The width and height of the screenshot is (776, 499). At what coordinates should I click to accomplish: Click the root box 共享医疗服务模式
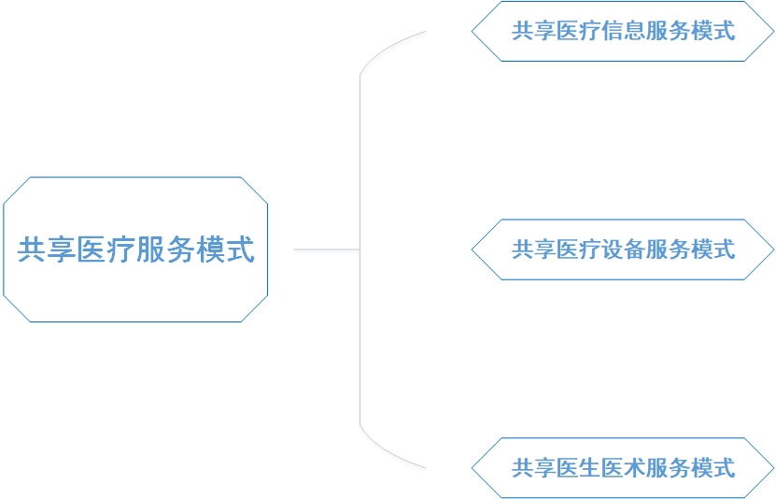point(135,249)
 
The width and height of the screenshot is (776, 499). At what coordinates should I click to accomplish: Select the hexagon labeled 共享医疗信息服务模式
point(623,31)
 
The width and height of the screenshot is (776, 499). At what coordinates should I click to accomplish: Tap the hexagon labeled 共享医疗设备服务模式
point(623,249)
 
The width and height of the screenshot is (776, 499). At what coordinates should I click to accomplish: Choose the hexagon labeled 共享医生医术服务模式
point(623,467)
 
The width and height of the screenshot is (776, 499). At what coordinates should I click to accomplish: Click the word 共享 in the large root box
point(46,250)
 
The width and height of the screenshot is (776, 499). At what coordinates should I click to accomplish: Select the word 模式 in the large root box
point(225,250)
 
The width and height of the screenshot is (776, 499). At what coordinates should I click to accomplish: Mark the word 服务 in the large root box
point(165,250)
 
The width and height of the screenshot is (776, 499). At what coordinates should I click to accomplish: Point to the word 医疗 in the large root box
point(106,250)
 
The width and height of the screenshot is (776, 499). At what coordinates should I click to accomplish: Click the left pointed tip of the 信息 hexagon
point(473,31)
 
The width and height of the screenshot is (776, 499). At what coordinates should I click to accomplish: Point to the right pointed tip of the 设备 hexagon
point(773,249)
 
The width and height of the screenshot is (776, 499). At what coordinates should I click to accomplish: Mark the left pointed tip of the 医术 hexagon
point(473,467)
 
